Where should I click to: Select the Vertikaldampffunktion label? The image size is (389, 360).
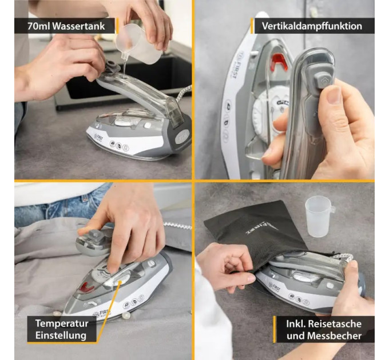coord(312,26)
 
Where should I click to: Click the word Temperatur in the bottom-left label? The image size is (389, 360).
coord(62,323)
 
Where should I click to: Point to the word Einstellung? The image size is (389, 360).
coord(61,335)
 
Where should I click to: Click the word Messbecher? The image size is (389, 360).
coord(334,336)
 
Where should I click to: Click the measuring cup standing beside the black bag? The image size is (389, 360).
coord(319,216)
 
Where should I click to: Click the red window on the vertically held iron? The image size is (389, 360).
coord(280,62)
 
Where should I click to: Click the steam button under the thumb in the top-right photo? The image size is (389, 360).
coord(323,80)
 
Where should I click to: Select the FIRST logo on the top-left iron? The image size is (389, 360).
coord(98,138)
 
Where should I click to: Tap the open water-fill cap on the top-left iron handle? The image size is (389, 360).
coord(112,67)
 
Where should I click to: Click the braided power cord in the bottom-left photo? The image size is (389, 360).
coord(177,226)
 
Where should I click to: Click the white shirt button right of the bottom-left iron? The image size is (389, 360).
coord(126,315)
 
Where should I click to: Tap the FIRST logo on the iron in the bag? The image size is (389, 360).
coord(275,287)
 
